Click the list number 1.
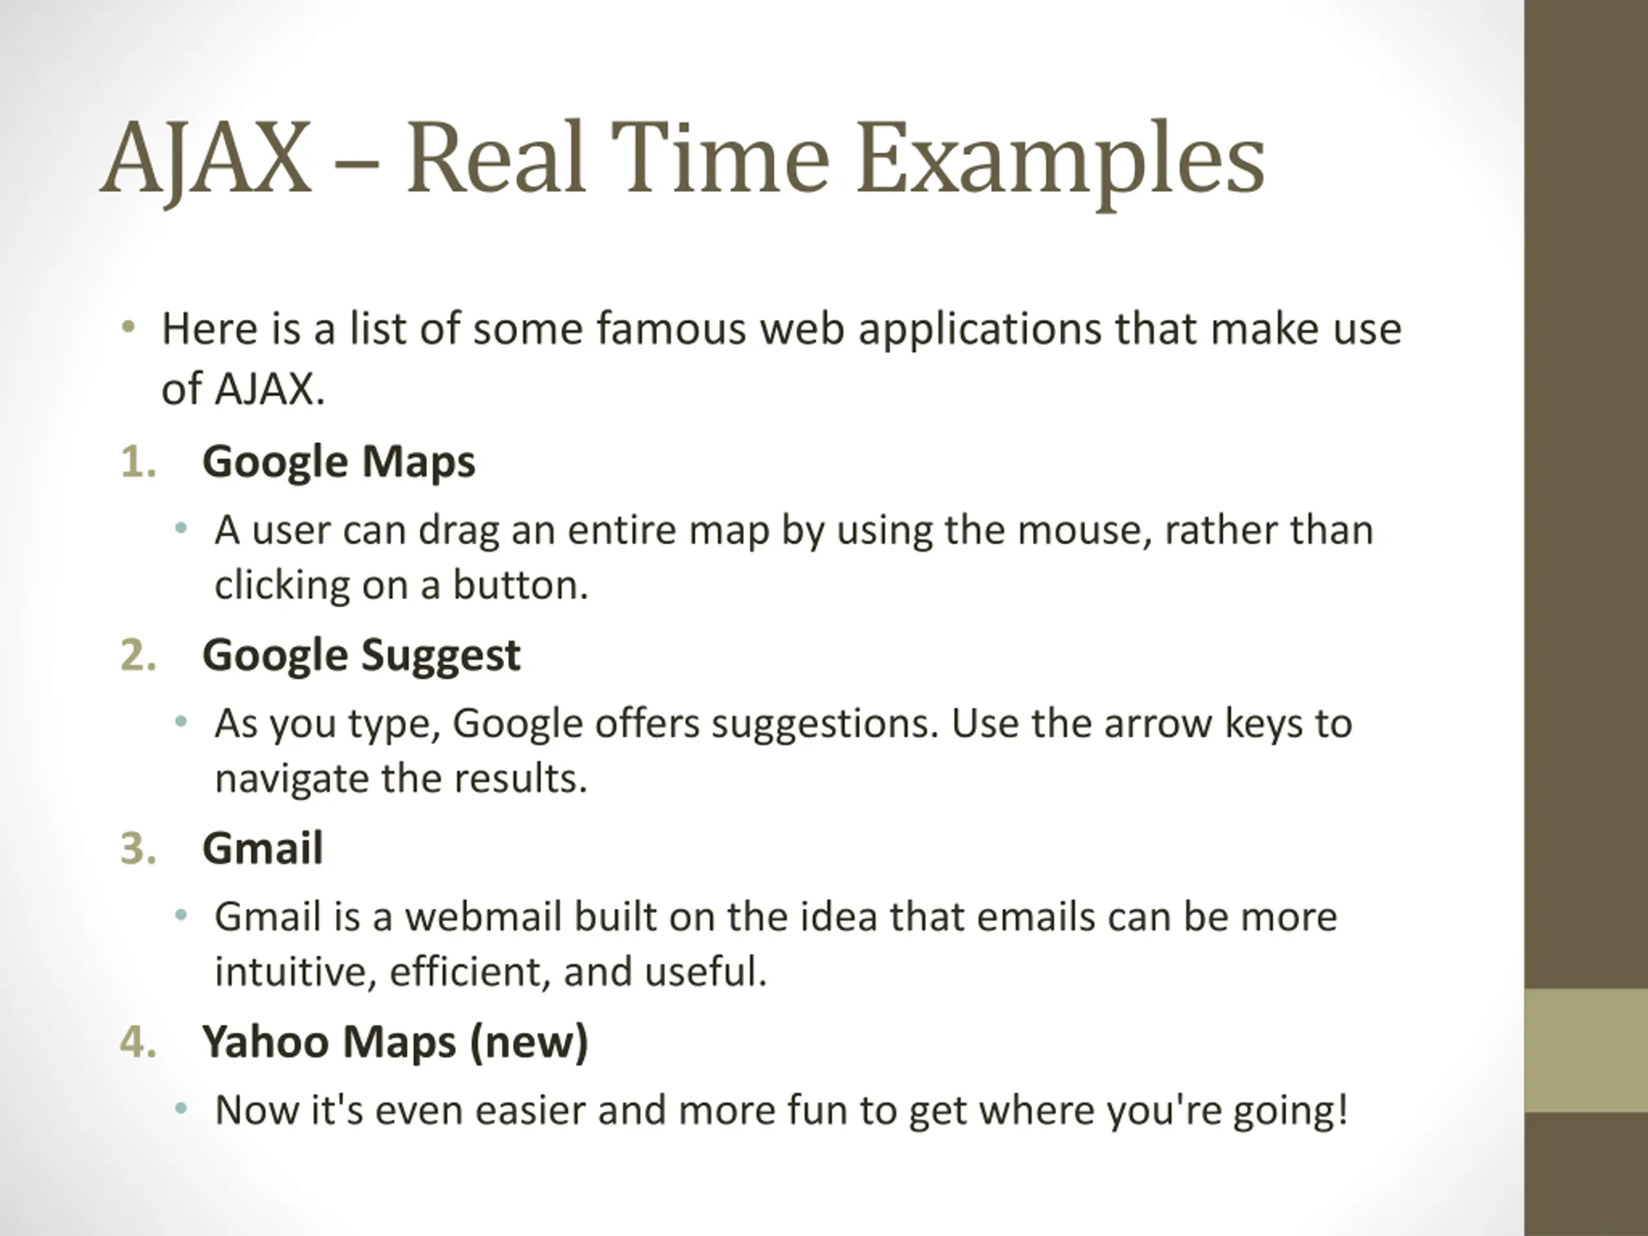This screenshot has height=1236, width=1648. point(138,462)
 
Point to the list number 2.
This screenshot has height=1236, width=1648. point(138,655)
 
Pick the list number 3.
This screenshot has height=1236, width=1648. point(138,848)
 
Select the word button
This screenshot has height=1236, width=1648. point(521,586)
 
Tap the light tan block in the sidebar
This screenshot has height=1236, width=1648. point(1586,1051)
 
